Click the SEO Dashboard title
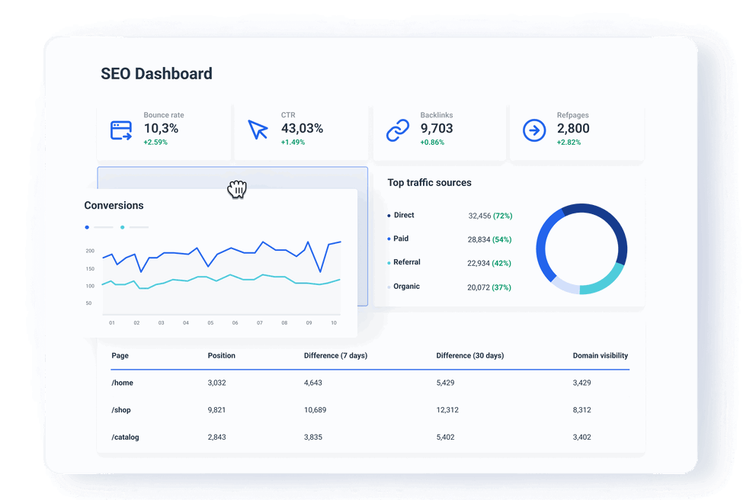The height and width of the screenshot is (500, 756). pyautogui.click(x=156, y=74)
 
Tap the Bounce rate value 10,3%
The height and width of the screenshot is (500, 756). pyautogui.click(x=161, y=129)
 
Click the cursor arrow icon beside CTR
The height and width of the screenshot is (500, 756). pyautogui.click(x=258, y=130)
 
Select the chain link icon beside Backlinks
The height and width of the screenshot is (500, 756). pyautogui.click(x=398, y=130)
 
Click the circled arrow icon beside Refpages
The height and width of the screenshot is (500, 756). pyautogui.click(x=534, y=130)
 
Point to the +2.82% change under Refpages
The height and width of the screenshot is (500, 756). pyautogui.click(x=569, y=143)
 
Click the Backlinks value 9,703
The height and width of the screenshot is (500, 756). pyautogui.click(x=437, y=129)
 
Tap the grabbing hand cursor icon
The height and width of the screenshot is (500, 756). pyautogui.click(x=237, y=189)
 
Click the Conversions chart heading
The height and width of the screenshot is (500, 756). pyautogui.click(x=114, y=205)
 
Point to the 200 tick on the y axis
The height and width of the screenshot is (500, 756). pyautogui.click(x=90, y=251)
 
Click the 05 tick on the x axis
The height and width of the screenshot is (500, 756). pyautogui.click(x=210, y=323)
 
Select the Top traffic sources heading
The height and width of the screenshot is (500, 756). pyautogui.click(x=429, y=183)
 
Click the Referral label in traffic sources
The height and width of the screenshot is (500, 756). pyautogui.click(x=407, y=262)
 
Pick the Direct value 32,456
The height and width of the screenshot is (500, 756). pyautogui.click(x=479, y=216)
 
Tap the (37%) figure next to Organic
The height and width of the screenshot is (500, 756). pyautogui.click(x=502, y=287)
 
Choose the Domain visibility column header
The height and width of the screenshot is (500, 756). pyautogui.click(x=601, y=356)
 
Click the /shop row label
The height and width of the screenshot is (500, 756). pyautogui.click(x=121, y=410)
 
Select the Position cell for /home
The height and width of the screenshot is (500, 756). pyautogui.click(x=217, y=383)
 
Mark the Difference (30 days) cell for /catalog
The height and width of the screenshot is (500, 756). pyautogui.click(x=450, y=437)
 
